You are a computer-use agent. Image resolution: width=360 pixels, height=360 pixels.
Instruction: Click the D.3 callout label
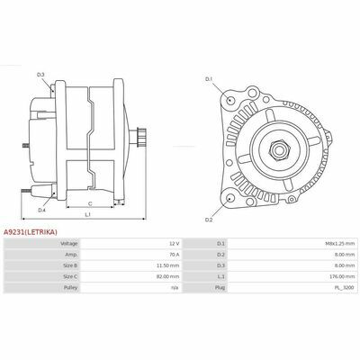point(40,75)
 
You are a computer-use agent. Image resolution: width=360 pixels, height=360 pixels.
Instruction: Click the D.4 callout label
point(41,211)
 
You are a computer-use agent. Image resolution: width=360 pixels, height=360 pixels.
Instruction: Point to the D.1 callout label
point(209,79)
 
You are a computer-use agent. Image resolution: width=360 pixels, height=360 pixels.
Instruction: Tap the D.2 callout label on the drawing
point(209,220)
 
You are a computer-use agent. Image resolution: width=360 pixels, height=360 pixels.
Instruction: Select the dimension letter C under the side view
point(90,204)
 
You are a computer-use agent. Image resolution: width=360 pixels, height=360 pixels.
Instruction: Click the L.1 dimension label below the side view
point(88,215)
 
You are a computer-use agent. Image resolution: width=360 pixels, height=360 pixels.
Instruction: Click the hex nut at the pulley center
point(279,149)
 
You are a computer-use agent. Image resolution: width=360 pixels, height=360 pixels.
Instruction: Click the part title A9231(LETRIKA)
point(30,232)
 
